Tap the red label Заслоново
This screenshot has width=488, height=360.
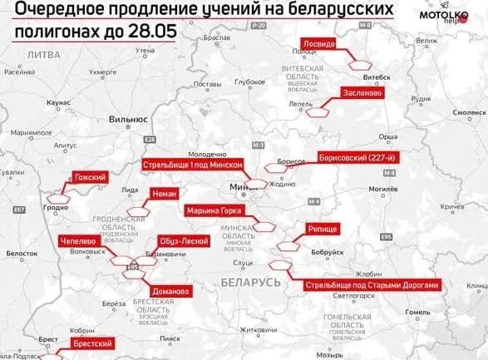click(365, 93)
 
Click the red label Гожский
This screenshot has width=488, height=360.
click(91, 178)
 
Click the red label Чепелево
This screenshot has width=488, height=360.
click(80, 241)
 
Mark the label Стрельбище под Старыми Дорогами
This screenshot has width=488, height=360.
click(371, 284)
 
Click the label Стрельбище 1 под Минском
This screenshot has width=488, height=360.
click(193, 165)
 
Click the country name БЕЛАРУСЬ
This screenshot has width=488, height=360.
click(251, 284)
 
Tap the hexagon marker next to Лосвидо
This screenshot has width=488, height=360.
click(361, 62)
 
